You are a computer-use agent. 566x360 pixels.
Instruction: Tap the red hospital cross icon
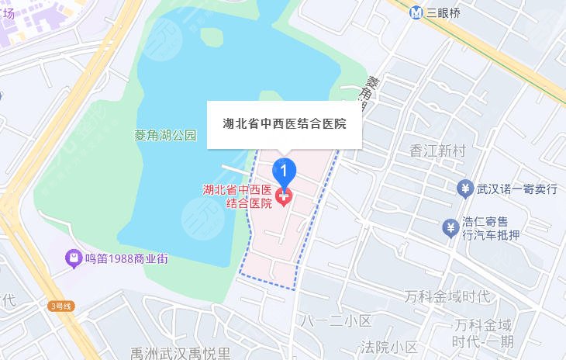click(x=284, y=199)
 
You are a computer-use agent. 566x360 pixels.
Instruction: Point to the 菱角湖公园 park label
click(x=165, y=136)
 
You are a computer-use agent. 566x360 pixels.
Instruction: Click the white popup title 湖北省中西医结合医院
click(x=284, y=124)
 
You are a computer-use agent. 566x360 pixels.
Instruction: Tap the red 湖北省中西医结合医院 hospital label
click(x=236, y=196)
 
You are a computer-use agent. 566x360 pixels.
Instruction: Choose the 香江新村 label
click(x=438, y=151)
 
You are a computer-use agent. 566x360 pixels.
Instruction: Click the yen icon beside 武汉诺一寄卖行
click(x=465, y=189)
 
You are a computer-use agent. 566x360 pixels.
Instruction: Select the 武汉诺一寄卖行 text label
click(x=517, y=189)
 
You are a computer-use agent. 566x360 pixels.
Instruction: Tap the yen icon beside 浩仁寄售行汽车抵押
click(x=450, y=227)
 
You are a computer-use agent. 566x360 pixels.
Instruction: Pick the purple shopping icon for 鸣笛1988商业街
click(x=73, y=258)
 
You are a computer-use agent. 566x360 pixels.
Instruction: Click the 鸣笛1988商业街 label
click(x=126, y=258)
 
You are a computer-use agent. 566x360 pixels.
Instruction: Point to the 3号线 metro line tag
click(x=60, y=306)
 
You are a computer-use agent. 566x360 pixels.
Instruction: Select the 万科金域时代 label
click(x=448, y=297)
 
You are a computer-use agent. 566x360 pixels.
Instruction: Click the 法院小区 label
click(x=390, y=347)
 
